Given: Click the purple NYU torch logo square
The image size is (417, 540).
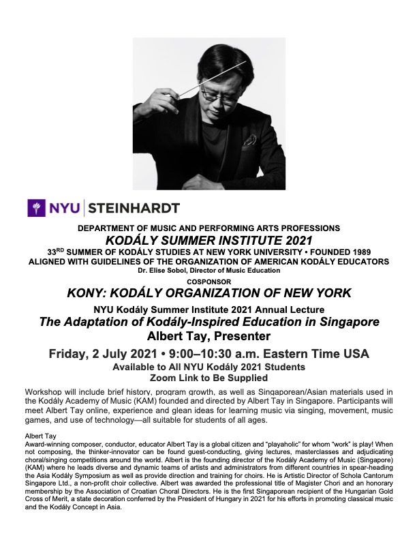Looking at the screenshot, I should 35,207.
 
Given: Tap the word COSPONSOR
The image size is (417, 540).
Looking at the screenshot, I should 208,281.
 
